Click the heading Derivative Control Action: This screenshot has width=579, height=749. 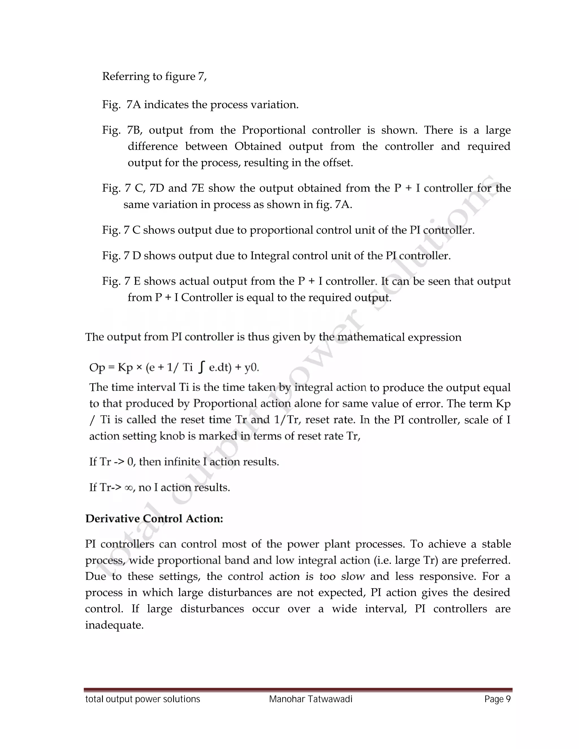coord(154,519)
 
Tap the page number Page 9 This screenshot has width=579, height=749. coord(497,699)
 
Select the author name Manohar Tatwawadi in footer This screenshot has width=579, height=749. coord(310,699)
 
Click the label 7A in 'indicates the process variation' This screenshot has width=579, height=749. coord(134,105)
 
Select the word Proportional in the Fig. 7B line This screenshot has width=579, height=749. coord(273,130)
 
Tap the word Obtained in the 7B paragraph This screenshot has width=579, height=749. coord(258,146)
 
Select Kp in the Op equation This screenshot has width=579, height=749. coord(125,368)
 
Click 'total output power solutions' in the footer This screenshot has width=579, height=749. coord(142,699)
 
